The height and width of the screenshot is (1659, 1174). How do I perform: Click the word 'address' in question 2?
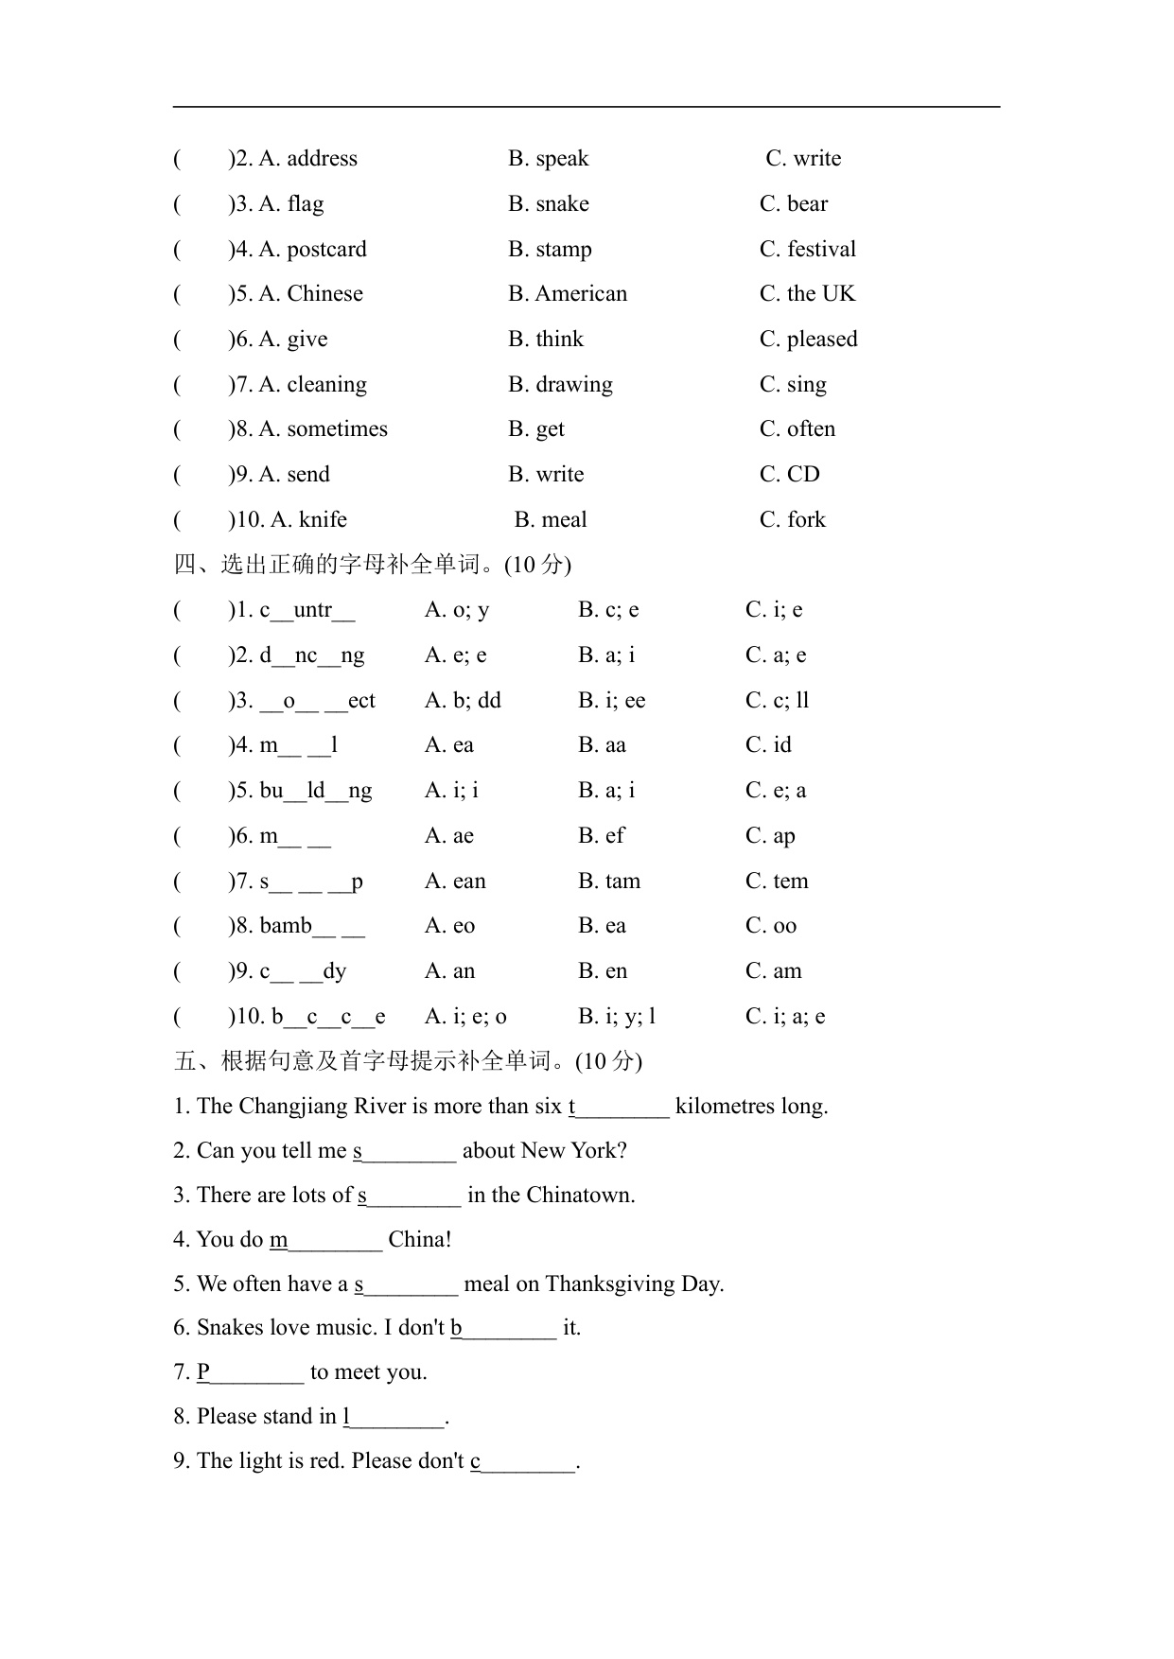click(322, 159)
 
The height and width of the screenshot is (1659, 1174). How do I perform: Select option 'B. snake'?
click(548, 204)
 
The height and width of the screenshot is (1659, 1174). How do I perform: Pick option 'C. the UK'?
click(807, 294)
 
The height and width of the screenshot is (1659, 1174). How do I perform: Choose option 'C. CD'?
click(789, 475)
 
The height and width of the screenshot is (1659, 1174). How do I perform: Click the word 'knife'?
click(323, 520)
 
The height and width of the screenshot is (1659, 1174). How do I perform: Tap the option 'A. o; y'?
click(456, 610)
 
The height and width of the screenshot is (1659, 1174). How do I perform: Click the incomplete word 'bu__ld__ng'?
click(316, 791)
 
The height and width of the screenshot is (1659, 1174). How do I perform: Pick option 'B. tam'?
click(609, 882)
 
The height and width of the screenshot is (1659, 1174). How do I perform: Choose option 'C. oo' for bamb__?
click(770, 926)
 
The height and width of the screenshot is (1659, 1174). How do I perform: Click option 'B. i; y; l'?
click(617, 1017)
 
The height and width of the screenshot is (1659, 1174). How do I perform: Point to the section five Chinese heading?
click(407, 1061)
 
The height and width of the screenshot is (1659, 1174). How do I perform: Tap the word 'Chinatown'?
click(578, 1196)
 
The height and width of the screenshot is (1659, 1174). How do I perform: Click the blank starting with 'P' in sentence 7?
click(251, 1372)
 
